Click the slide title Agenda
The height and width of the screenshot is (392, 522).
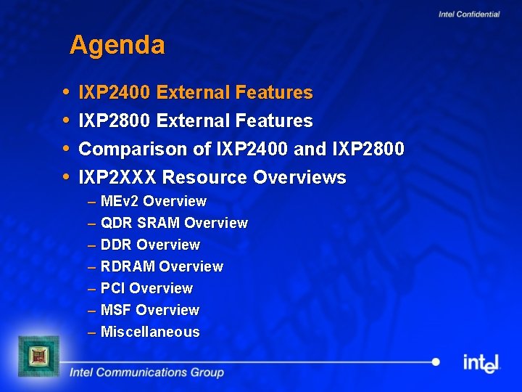(117, 46)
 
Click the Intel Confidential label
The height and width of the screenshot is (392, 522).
(468, 15)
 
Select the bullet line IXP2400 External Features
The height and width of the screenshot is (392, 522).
(195, 93)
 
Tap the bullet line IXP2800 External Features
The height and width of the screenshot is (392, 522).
(195, 121)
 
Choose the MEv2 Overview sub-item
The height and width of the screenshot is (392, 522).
(154, 201)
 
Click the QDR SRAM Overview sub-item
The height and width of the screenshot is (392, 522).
(174, 223)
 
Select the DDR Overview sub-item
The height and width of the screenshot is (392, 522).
(150, 245)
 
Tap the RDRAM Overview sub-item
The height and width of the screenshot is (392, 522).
(162, 266)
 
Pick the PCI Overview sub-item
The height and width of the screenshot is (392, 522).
(146, 288)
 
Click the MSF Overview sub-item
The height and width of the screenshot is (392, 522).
(149, 310)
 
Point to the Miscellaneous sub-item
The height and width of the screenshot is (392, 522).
(150, 332)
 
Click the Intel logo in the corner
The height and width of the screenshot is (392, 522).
(481, 362)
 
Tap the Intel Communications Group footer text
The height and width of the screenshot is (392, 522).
(146, 372)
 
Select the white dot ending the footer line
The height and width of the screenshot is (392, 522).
(435, 362)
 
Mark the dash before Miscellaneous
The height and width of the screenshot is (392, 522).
(91, 332)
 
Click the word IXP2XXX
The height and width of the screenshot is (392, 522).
(117, 178)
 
